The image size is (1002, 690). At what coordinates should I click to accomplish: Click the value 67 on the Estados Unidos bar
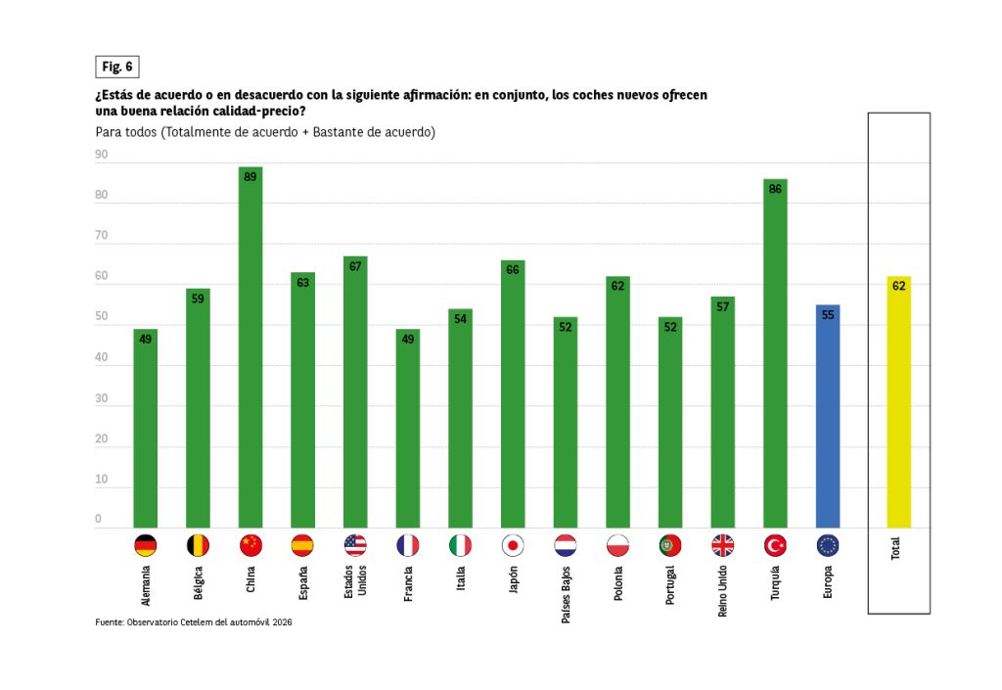point(355,266)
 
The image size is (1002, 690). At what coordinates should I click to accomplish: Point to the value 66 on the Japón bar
point(513,270)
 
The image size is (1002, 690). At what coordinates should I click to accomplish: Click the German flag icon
point(145,546)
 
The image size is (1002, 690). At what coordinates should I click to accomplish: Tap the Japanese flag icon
point(513,546)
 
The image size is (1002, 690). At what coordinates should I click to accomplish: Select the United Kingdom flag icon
point(723,546)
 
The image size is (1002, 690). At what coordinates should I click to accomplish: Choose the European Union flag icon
point(828,546)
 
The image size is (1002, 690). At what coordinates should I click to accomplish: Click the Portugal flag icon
point(670,546)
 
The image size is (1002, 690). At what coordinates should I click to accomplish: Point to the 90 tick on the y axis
point(102,155)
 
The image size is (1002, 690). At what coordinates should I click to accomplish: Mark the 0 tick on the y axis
point(99,519)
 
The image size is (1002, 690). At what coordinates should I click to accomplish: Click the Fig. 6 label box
point(116,67)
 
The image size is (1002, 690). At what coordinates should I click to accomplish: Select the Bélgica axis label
point(199,584)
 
